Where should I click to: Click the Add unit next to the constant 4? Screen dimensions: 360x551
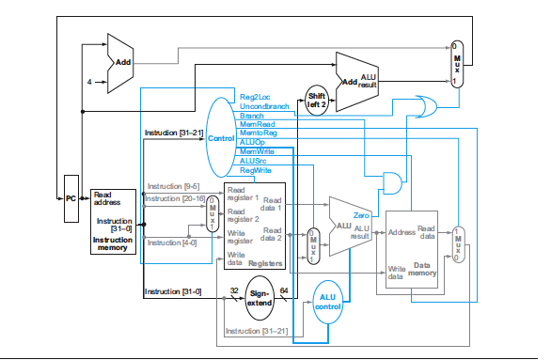[119, 62]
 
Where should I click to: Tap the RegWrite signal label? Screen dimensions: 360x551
[256, 170]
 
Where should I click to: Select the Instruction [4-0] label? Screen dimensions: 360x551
[170, 243]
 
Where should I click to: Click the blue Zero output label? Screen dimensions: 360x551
[363, 215]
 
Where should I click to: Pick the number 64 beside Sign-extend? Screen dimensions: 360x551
[285, 290]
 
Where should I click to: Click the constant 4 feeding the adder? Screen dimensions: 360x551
[90, 82]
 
